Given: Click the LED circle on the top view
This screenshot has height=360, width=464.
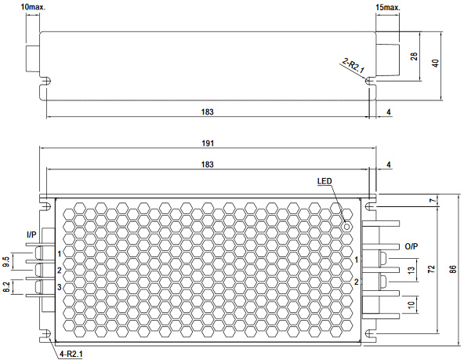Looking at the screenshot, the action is pos(347,227).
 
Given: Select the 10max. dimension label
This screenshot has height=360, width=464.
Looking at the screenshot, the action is pos(33,7).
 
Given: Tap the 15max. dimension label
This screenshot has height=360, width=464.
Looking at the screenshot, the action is pos(388,7).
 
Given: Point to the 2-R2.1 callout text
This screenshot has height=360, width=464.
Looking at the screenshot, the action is pos(353,65).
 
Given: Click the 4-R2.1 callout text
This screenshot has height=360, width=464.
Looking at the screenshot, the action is pos(71,354).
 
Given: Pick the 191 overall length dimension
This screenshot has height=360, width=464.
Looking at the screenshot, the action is pos(208,144).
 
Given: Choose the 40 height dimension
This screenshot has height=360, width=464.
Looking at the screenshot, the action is pos(436,63).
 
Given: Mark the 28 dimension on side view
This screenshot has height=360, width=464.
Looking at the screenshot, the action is pos(414,56).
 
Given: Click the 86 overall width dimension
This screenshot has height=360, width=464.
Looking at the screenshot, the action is pos(453,269).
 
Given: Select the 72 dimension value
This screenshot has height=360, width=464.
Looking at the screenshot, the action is pos(431,269).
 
